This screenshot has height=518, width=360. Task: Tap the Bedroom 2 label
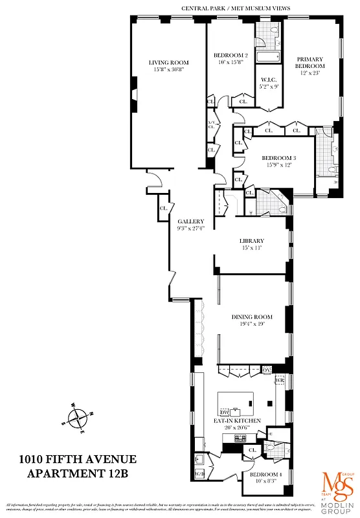[231, 55]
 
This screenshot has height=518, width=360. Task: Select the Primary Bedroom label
[309, 62]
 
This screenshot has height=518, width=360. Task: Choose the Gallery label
[191, 221]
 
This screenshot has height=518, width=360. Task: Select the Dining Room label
[252, 317]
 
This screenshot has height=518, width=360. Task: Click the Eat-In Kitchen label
[237, 421]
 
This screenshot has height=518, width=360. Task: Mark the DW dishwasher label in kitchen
[225, 412]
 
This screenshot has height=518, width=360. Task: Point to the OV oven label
[266, 369]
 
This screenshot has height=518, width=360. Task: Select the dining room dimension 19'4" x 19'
[252, 324]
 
